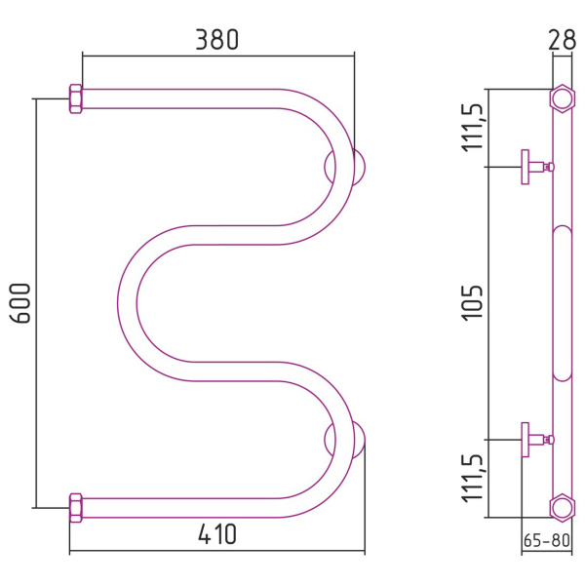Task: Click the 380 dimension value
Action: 216,40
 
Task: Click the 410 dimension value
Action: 216,534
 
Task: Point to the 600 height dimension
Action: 19,303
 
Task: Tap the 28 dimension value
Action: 562,40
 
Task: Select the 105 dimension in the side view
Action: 472,302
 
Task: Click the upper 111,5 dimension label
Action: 473,128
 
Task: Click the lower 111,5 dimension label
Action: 473,479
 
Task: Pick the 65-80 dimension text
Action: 547,540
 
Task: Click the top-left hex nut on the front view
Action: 76,98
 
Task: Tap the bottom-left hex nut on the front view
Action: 76,508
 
